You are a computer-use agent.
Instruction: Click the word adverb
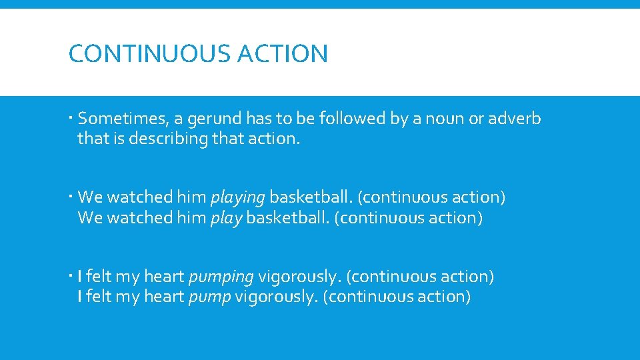[x=514, y=119]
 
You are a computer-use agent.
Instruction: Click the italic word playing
[x=238, y=198]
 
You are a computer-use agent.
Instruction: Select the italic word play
[x=226, y=218]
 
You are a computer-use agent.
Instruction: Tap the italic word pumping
[x=221, y=277]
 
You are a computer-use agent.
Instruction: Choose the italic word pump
[x=209, y=297]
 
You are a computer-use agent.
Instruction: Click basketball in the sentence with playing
[x=311, y=198]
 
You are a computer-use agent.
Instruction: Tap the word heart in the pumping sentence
[x=164, y=277]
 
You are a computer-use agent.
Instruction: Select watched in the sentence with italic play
[x=139, y=218]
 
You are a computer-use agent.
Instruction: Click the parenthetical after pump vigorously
[x=397, y=297]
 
